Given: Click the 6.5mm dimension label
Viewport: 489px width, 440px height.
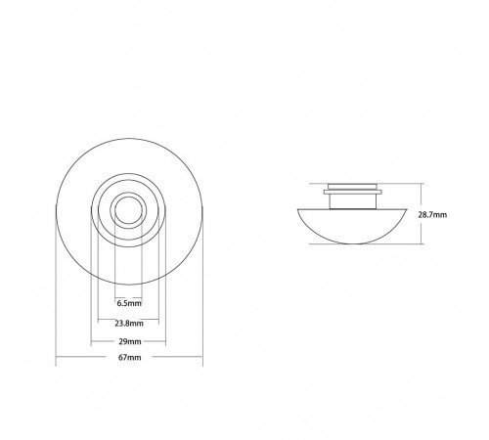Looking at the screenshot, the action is point(129,303).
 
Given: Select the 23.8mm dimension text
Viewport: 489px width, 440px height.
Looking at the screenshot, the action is point(129,324).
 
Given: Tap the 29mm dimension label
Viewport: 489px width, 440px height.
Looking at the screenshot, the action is point(130,341).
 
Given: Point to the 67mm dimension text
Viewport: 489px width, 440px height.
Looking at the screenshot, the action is point(130,357).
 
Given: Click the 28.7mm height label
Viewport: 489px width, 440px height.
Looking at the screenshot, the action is point(432,215).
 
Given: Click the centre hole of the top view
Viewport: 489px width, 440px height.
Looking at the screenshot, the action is point(128,210).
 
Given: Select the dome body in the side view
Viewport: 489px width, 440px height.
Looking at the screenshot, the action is point(352,226).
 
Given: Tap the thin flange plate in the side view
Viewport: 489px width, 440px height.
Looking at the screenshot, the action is point(353,192).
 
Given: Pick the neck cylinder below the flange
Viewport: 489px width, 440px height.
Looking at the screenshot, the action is point(353,201).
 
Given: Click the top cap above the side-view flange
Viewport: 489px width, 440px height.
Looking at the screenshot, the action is point(353,187).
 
